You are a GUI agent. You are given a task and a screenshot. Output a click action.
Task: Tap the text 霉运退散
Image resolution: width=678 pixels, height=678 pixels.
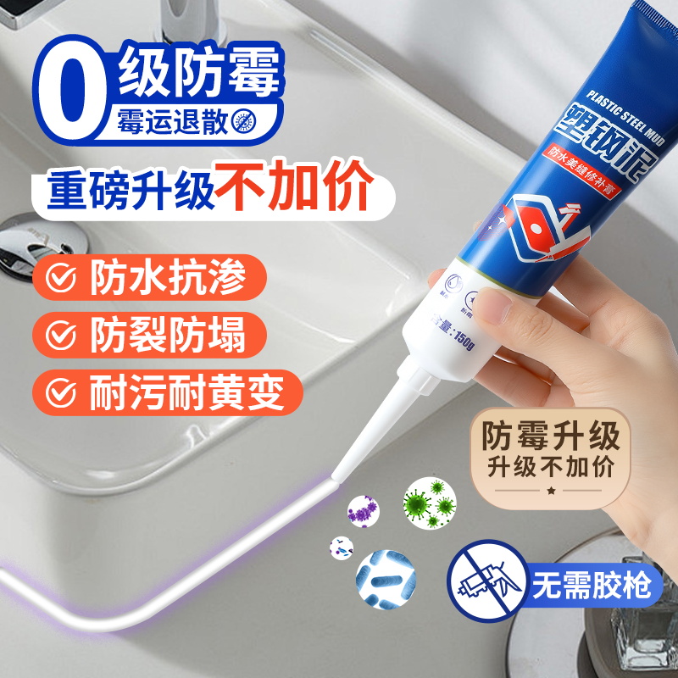[x=174, y=123]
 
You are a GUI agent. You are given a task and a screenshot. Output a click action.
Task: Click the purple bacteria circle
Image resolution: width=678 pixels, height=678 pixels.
[x=364, y=511]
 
